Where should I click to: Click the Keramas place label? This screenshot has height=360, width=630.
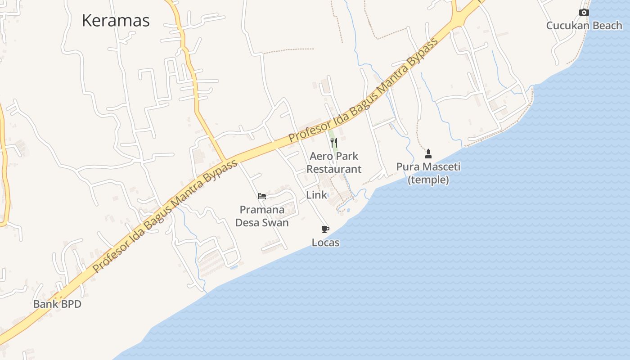coord(116,21)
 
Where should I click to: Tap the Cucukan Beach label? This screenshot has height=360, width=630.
coord(584,26)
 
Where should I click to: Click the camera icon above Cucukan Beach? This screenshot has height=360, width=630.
coord(584,13)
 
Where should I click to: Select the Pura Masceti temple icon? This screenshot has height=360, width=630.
coord(428,154)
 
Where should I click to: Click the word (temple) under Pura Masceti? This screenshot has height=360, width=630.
coord(428,180)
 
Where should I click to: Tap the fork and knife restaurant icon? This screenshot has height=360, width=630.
coord(334,143)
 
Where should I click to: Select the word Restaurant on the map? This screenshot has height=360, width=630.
coord(334,169)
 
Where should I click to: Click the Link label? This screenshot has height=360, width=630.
coord(317,195)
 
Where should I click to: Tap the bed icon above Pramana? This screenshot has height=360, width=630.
coord(262,196)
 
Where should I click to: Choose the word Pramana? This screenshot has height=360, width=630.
coord(262,210)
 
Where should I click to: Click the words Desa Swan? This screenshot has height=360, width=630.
coord(262,223)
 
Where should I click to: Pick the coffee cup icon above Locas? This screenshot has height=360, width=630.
coord(325,229)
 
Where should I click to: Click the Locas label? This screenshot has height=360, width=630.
coord(325,243)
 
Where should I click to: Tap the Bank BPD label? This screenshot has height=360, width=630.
coord(57,304)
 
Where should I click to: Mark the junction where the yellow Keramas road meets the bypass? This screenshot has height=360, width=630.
coord(225,161)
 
